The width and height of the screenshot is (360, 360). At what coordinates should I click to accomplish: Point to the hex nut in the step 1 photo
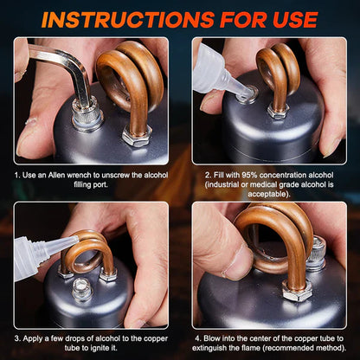(138, 136)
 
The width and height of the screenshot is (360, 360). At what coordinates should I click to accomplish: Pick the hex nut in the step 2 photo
(277, 111)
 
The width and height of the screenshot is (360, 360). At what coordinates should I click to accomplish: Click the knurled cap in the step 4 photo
(318, 255)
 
